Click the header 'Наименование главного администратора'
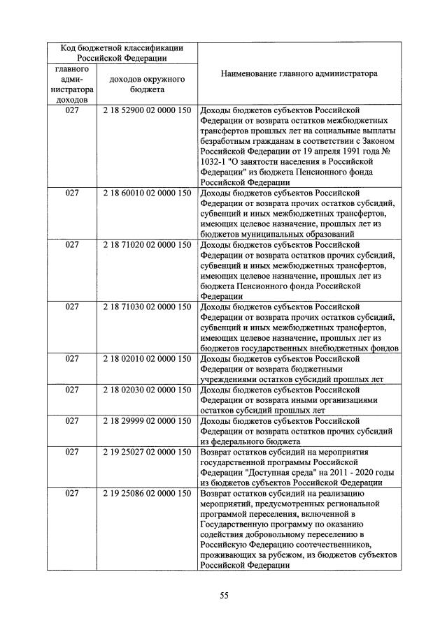[x=299, y=73]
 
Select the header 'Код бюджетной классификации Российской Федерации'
[x=122, y=53]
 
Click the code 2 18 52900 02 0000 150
[x=147, y=111]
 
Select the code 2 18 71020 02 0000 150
[x=147, y=245]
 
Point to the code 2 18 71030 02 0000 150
[x=147, y=306]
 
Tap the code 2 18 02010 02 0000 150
[x=147, y=359]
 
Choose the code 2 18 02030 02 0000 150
[x=147, y=390]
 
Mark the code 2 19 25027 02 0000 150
[x=147, y=452]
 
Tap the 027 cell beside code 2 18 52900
[x=72, y=111]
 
